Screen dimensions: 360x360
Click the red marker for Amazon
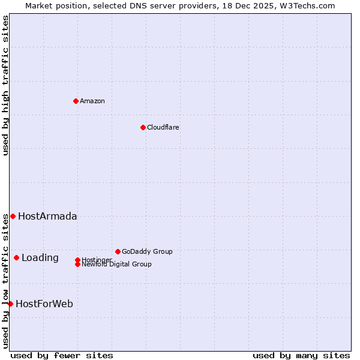[x=76, y=101]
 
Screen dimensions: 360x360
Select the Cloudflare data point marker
[x=143, y=127]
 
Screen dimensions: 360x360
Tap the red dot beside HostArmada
[x=13, y=216]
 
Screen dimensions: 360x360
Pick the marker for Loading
[x=16, y=257]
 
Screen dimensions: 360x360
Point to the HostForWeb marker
[x=10, y=304]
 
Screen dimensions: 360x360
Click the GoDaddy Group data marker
[x=118, y=251]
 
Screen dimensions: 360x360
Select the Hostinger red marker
[x=77, y=260]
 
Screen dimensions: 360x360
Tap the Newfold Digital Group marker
[x=77, y=264]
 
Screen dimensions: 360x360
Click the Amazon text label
[x=92, y=101]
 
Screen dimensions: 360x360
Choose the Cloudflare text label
[x=163, y=127]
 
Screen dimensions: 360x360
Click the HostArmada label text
[x=47, y=217]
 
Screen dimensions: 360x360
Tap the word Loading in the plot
[x=40, y=258]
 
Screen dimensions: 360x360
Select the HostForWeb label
[x=44, y=304]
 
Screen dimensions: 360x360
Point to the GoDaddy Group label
[x=147, y=251]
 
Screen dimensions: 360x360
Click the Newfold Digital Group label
[x=117, y=265]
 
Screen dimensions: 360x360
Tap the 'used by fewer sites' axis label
[x=62, y=356]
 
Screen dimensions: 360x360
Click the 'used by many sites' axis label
[x=301, y=356]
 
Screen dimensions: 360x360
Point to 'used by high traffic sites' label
[x=5, y=85]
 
